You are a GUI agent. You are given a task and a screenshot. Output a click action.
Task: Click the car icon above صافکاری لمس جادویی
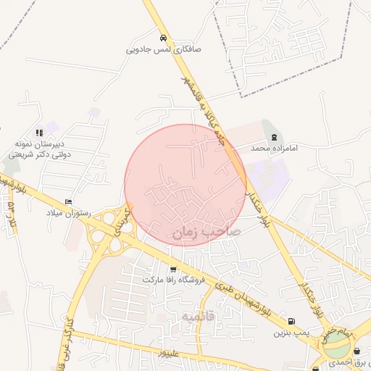point(163,38)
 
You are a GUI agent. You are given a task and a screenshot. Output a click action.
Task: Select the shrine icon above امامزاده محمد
point(273,136)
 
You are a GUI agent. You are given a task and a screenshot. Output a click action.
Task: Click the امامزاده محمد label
point(275,148)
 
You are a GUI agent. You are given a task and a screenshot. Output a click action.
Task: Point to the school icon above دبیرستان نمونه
point(38,133)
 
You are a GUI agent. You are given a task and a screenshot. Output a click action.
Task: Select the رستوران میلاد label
point(67,214)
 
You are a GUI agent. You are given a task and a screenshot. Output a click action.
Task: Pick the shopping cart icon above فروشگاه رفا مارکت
point(172,270)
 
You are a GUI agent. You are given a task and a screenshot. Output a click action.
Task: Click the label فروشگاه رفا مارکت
point(171,280)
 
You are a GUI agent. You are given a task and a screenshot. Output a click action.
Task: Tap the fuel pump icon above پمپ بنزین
point(291,322)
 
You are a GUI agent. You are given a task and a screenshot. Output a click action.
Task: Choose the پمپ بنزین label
point(286,333)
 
